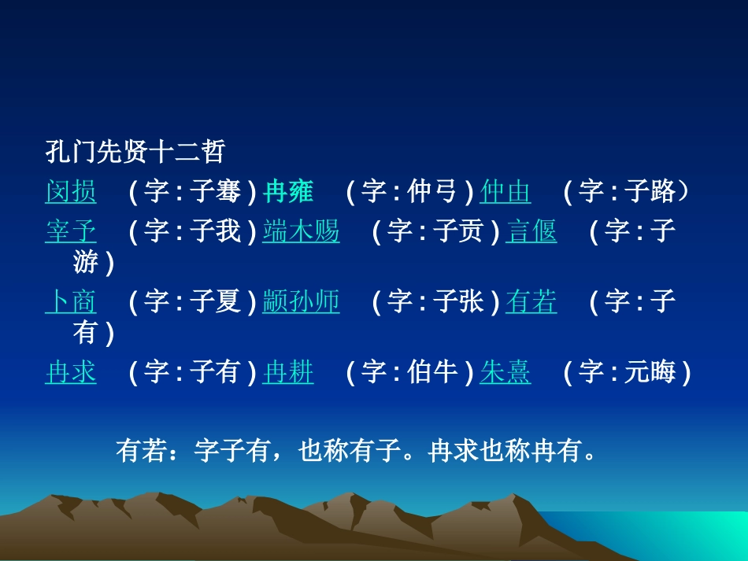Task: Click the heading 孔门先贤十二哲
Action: [135, 151]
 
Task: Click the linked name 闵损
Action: [71, 192]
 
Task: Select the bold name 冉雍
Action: [288, 192]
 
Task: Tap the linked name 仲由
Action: [505, 192]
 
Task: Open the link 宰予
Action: [71, 232]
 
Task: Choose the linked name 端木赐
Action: [301, 232]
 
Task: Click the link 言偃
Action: [531, 232]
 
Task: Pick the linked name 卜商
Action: [71, 302]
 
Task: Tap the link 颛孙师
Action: [301, 302]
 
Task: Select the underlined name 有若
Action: [531, 302]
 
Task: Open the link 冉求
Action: [71, 372]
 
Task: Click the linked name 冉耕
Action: [288, 372]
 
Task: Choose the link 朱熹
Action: [505, 372]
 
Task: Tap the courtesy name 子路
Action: [650, 192]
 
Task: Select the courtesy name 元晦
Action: [650, 372]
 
